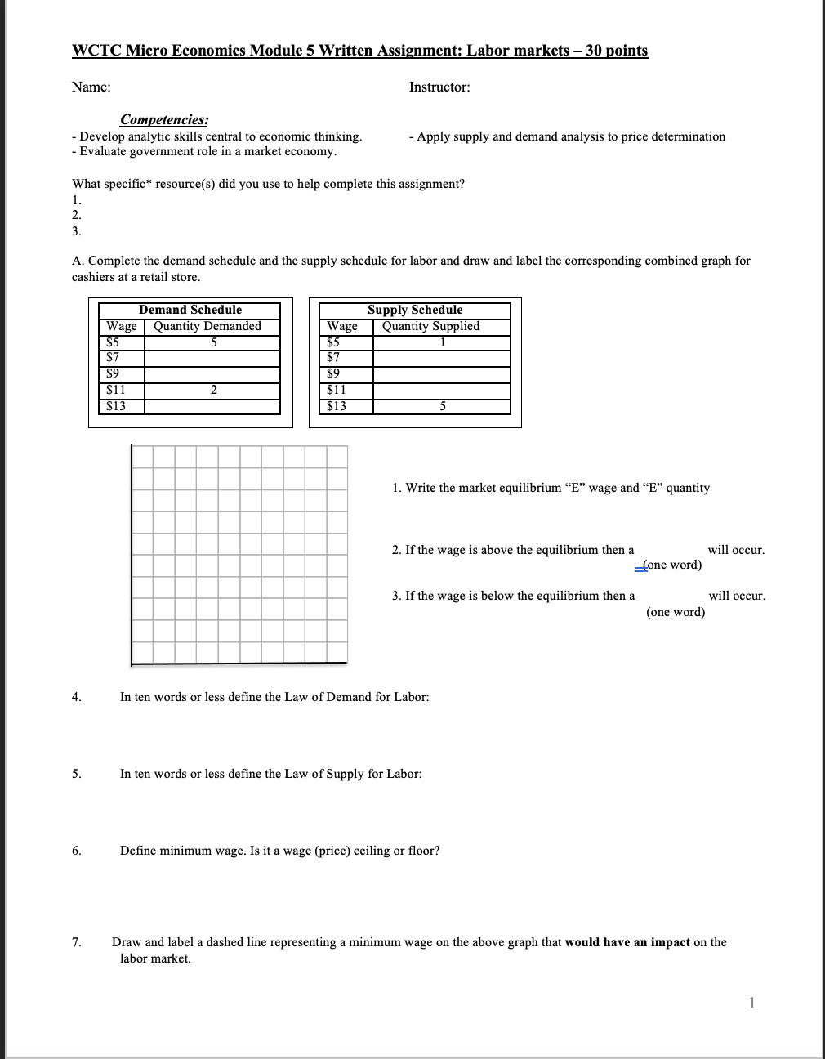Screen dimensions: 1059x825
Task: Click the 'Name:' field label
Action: tap(91, 87)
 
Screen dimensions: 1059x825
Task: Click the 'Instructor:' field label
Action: tap(439, 87)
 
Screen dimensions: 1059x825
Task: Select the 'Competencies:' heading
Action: tap(164, 120)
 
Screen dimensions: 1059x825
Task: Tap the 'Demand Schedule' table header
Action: tap(190, 310)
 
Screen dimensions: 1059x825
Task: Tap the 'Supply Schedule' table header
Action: tap(414, 310)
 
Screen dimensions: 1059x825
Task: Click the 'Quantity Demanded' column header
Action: tap(207, 326)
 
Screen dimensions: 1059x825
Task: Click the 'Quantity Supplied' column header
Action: tap(430, 326)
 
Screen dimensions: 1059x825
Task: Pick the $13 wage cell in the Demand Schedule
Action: tap(116, 406)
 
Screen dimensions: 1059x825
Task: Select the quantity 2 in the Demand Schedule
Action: tap(212, 390)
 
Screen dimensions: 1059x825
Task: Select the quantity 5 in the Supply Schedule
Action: tap(442, 406)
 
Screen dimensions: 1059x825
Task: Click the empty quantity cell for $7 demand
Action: tap(212, 358)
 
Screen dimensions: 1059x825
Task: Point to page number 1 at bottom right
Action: tap(751, 1004)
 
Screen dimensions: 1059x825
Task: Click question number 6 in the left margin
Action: tap(76, 851)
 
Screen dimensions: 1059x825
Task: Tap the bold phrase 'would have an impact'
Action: tap(627, 942)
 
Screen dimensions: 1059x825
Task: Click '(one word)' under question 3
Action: tap(676, 612)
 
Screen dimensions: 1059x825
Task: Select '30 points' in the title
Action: tap(617, 51)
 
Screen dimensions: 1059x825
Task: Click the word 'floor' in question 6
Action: tap(421, 851)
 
